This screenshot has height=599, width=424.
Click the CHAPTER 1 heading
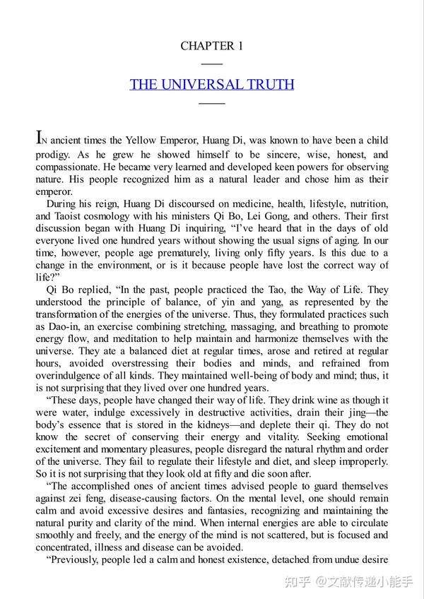point(212,47)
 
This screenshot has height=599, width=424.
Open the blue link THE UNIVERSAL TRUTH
point(212,85)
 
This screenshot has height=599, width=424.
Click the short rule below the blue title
point(212,103)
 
